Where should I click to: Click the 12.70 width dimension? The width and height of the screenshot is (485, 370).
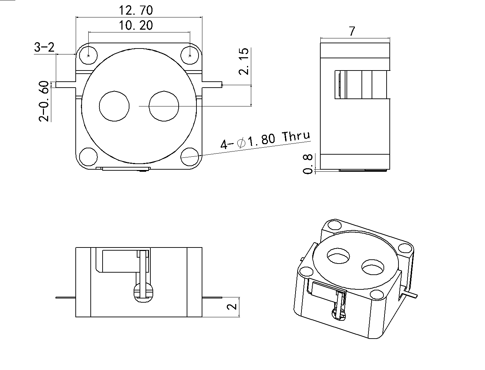(x=136, y=10)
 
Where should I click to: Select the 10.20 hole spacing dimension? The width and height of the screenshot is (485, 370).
(x=136, y=25)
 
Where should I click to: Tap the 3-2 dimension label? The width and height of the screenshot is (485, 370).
(x=44, y=47)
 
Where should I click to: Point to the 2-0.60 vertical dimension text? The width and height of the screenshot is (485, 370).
(x=44, y=101)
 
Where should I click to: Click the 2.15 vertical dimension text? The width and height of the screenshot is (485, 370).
(x=244, y=61)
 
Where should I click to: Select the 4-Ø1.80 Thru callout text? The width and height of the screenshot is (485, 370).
(x=265, y=140)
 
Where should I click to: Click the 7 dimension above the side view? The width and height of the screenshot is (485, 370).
(x=352, y=31)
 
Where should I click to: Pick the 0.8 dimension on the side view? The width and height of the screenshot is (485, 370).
(x=308, y=164)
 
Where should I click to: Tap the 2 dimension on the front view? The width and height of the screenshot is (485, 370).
(x=232, y=307)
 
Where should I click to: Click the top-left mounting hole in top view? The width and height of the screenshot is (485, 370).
(x=88, y=55)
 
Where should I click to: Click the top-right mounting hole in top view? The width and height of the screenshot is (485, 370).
(x=190, y=55)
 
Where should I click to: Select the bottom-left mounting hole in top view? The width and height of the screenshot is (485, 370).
(x=88, y=156)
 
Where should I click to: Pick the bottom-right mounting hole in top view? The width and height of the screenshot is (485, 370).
(x=190, y=156)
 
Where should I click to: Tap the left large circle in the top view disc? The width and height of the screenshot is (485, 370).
(x=114, y=106)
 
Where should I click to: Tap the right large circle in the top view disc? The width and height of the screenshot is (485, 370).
(x=164, y=106)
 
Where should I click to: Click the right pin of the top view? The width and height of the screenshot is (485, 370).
(x=212, y=84)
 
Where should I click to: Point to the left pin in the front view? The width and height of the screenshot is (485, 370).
(x=66, y=298)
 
